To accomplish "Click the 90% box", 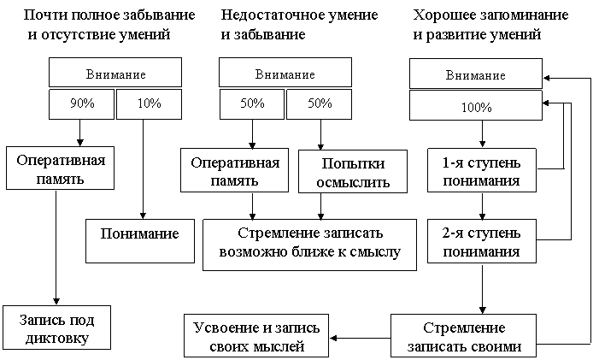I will click(82, 103).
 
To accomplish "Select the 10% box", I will click(149, 103).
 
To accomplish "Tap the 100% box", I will click(476, 108).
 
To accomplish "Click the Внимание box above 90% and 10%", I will click(115, 74).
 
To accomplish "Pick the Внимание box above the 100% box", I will click(476, 75).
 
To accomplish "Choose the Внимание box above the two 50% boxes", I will click(285, 74).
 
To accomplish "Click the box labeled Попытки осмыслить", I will click(354, 172).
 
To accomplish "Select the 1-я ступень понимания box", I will click(481, 171).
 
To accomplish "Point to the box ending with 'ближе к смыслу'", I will click(309, 244).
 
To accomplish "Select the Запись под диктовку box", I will click(56, 328).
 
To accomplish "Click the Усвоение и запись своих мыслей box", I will click(257, 337).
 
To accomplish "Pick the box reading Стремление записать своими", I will click(464, 337).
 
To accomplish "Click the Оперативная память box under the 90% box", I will click(62, 168).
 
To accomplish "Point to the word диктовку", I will click(56, 338).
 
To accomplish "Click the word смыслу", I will click(373, 252).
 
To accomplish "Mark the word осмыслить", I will click(354, 181).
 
